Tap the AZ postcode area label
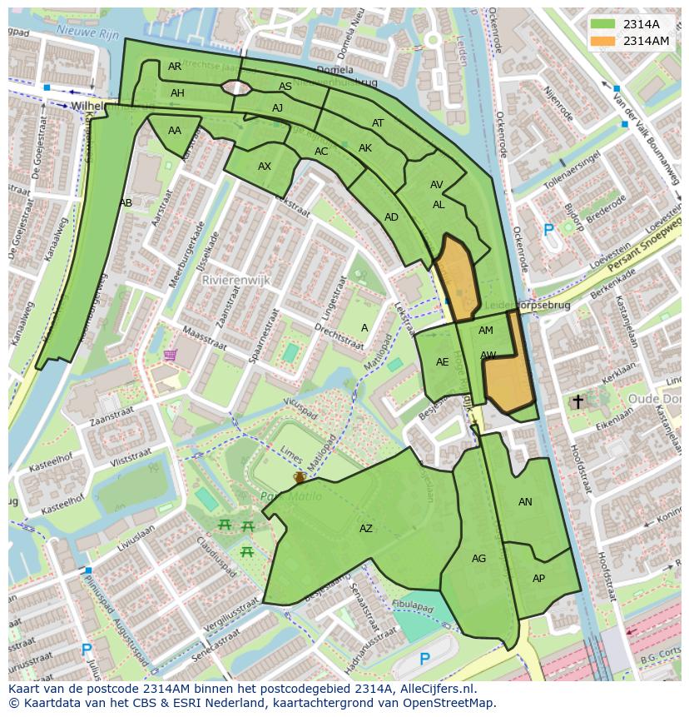pyautogui.click(x=366, y=529)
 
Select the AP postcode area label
pyautogui.click(x=538, y=579)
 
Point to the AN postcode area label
pyautogui.click(x=525, y=502)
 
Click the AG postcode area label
pyautogui.click(x=478, y=559)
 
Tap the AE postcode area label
pyautogui.click(x=442, y=362)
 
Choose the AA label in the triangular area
pyautogui.click(x=175, y=131)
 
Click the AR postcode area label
pyautogui.click(x=175, y=67)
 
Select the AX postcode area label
pyautogui.click(x=265, y=167)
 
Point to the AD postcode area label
pyautogui.click(x=391, y=217)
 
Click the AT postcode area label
pyautogui.click(x=378, y=123)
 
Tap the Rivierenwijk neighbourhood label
pyautogui.click(x=237, y=281)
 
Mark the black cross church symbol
pyautogui.click(x=577, y=402)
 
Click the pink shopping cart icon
pyautogui.click(x=171, y=356)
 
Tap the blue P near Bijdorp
pyautogui.click(x=548, y=231)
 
